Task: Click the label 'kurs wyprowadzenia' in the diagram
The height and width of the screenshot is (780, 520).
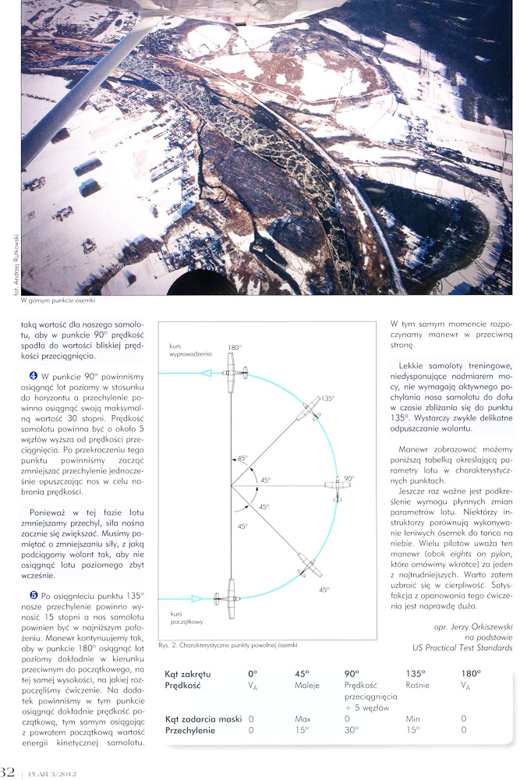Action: (186, 349)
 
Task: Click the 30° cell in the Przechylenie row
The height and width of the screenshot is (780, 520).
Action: (352, 730)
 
